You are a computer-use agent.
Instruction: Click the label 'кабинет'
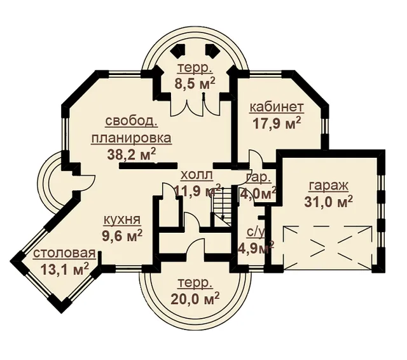coord(276,107)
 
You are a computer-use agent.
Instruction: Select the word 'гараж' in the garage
coord(328,186)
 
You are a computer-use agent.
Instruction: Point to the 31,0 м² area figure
coord(329,202)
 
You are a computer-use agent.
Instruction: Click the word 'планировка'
coord(132,138)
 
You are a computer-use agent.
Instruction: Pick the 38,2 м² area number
coord(132,154)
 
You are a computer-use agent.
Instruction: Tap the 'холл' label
coord(197,175)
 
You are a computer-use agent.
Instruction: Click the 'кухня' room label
coord(121,220)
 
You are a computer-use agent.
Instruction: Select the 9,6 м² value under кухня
coord(121,235)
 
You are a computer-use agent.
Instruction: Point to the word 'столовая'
coord(64,253)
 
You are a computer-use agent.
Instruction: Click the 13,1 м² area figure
coord(65,268)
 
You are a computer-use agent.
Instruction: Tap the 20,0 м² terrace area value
coord(195,298)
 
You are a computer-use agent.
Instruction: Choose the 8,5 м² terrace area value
coord(195,83)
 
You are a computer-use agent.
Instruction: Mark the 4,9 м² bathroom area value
coord(256,247)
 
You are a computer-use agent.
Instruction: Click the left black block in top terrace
coord(179,50)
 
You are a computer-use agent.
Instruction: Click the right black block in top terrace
coord(212,50)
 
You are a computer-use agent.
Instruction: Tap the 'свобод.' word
coord(132,122)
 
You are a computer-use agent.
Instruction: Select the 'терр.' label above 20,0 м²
coord(195,284)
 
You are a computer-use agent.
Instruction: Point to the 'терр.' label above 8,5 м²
coord(195,69)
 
